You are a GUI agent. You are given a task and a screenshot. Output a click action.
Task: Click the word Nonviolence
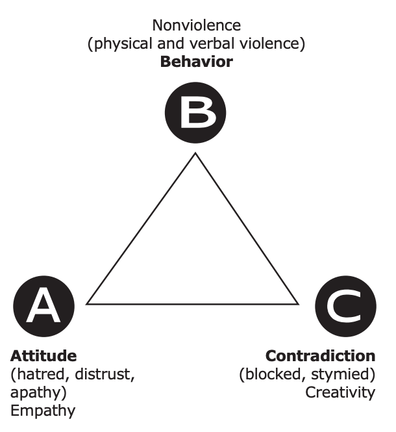[196, 26]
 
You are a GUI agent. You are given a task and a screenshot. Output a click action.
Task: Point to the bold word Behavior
[196, 62]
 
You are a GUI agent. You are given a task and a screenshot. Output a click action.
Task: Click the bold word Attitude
[43, 356]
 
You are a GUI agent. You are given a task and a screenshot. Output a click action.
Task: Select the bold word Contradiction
[320, 356]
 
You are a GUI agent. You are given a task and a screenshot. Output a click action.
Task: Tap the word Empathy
[43, 411]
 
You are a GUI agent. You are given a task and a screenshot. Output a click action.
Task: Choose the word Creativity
[340, 392]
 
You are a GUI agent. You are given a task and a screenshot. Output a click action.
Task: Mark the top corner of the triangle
[193, 153]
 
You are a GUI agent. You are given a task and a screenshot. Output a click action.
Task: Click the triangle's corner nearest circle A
[88, 303]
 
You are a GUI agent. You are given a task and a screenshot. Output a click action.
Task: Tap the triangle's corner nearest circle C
[299, 303]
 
